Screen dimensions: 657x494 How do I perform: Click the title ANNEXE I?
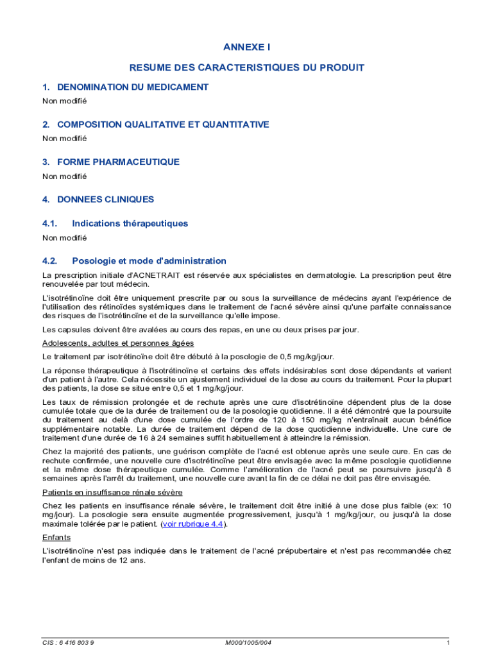(x=247, y=47)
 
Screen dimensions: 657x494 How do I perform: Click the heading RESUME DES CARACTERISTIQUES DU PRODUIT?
(x=247, y=67)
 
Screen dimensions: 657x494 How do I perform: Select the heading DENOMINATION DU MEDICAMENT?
(x=132, y=87)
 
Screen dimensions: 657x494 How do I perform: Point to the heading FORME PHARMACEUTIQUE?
(x=118, y=162)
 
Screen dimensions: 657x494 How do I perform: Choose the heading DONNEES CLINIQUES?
(x=105, y=200)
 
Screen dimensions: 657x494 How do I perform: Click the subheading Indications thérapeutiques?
(x=130, y=223)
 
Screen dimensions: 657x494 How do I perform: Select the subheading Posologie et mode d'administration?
(x=149, y=261)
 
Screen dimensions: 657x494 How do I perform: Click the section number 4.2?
(x=50, y=261)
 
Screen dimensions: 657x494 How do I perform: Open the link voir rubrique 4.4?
(x=192, y=524)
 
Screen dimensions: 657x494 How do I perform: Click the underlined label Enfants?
(x=56, y=537)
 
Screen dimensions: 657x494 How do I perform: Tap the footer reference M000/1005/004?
(x=248, y=642)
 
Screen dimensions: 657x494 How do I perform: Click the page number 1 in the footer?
(x=448, y=642)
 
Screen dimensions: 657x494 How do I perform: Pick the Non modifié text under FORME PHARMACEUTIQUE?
(x=64, y=176)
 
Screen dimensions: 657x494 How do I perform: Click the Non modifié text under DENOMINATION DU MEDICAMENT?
(x=64, y=101)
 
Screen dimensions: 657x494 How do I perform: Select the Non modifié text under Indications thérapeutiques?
(x=64, y=237)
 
